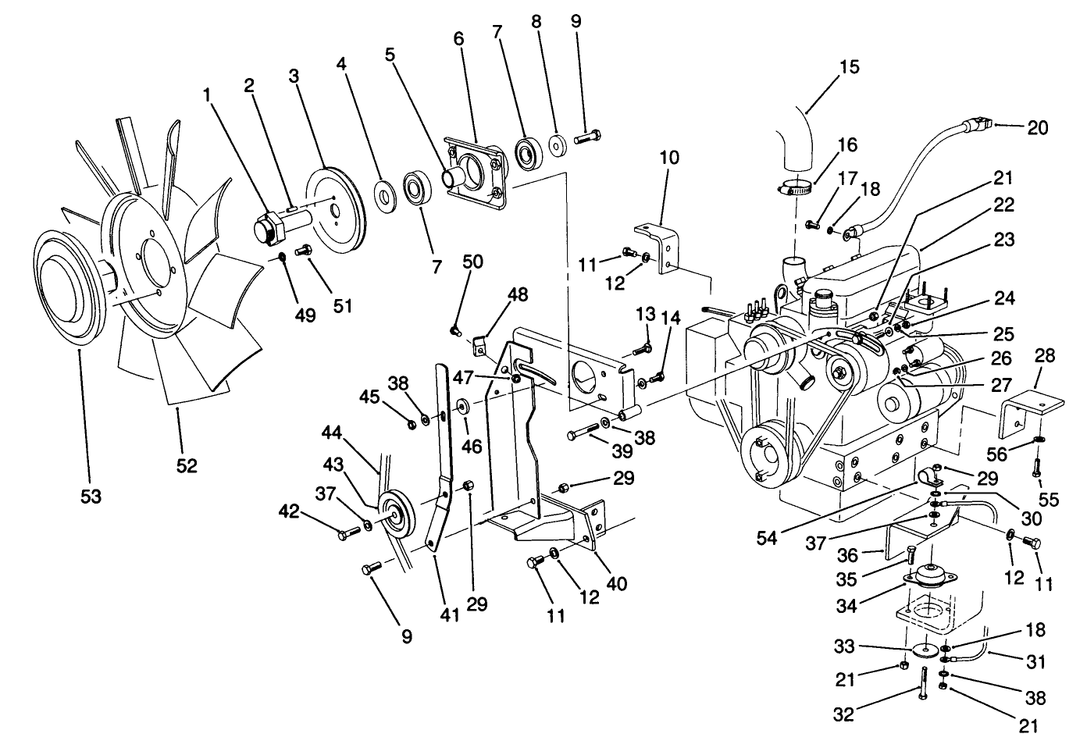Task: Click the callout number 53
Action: (x=91, y=496)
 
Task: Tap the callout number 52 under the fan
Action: (x=186, y=465)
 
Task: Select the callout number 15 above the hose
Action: (x=849, y=66)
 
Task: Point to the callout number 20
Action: (x=1037, y=127)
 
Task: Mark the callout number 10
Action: (x=668, y=157)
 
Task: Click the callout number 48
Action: (x=517, y=294)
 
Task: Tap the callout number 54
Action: (x=766, y=538)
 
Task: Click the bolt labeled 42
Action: (x=348, y=534)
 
